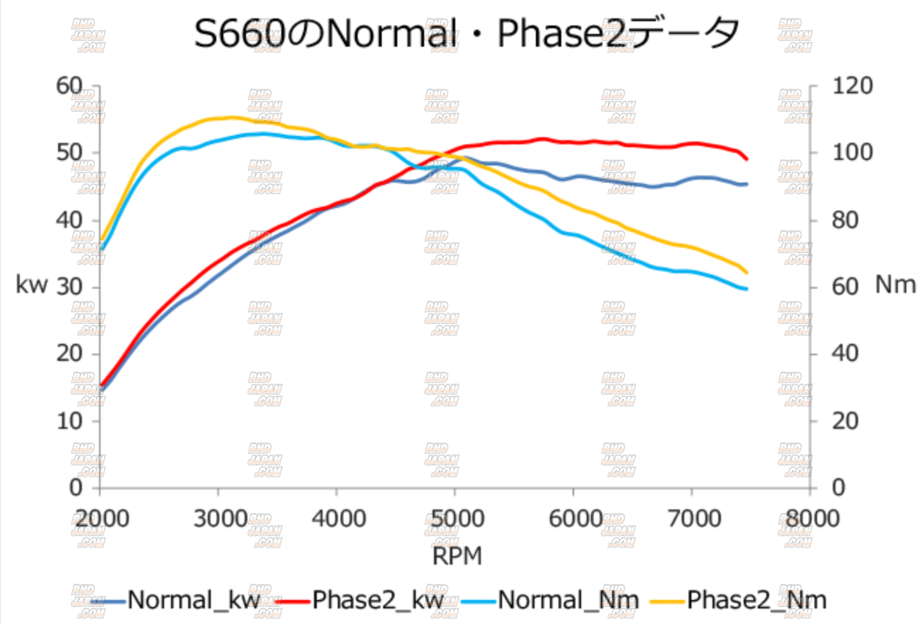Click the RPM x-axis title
pyautogui.click(x=457, y=557)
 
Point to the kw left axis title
pyautogui.click(x=33, y=285)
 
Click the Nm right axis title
pyautogui.click(x=895, y=285)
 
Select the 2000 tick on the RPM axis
pyautogui.click(x=100, y=518)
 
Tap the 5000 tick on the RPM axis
pyautogui.click(x=455, y=518)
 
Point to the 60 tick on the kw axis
pyautogui.click(x=70, y=86)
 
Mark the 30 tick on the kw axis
pyautogui.click(x=70, y=287)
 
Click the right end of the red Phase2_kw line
pyautogui.click(x=747, y=159)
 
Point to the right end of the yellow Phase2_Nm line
pyautogui.click(x=747, y=272)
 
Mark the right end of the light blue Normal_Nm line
pyautogui.click(x=747, y=289)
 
